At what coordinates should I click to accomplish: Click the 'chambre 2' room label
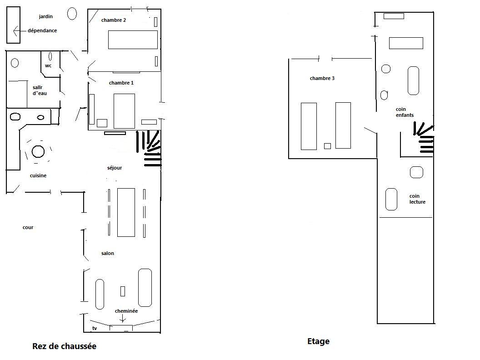tap(114, 20)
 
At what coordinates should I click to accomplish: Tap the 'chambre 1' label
tap(121, 83)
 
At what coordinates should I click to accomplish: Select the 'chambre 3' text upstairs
tap(322, 78)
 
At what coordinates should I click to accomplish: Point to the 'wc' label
tap(48, 66)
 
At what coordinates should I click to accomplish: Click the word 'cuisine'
tap(38, 176)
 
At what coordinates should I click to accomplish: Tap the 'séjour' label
tap(115, 168)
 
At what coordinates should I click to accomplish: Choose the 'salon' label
tap(107, 254)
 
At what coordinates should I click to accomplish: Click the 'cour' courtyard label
tap(28, 227)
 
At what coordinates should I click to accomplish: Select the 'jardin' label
tap(45, 16)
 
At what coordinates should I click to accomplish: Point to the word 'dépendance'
tap(42, 30)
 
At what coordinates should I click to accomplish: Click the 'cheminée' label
tap(126, 311)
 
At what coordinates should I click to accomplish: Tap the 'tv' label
tap(95, 328)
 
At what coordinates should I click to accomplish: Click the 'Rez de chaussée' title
tap(64, 346)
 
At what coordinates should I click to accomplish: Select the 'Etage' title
tap(318, 341)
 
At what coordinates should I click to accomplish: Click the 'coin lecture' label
tap(417, 199)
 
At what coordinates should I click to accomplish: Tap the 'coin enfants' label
tap(405, 112)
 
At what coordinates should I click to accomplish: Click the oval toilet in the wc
tap(50, 56)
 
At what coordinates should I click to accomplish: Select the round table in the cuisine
tap(38, 151)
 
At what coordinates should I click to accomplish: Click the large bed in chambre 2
tap(133, 40)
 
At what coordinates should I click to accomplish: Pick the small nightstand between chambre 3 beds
tap(328, 146)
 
